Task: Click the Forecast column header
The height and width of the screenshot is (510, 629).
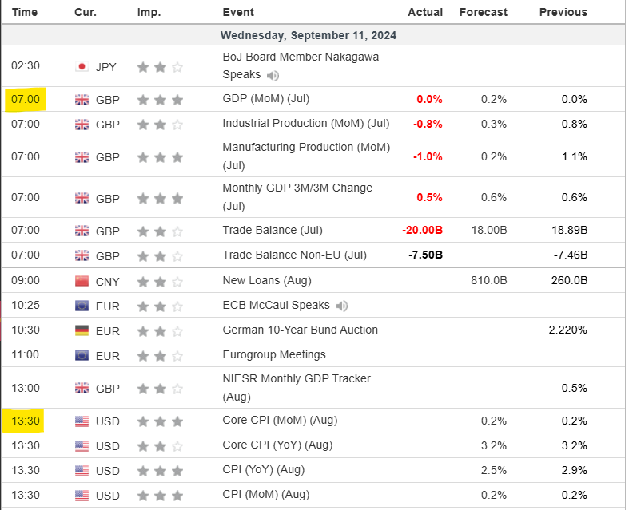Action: [483, 12]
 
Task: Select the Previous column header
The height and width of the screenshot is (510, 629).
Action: [563, 12]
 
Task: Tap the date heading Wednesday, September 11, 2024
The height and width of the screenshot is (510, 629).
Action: [309, 35]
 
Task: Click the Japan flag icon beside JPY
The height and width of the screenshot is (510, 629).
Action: [82, 67]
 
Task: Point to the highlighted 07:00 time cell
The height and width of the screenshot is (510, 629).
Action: [26, 99]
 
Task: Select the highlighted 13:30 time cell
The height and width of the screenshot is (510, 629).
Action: [26, 421]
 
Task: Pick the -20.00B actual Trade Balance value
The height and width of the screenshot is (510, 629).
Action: [423, 231]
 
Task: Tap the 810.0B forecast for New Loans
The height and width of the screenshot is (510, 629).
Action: [488, 281]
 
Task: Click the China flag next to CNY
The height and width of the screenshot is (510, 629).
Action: [82, 281]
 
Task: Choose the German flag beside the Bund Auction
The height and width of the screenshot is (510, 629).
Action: [82, 330]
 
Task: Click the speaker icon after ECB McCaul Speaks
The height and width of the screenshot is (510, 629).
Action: [342, 306]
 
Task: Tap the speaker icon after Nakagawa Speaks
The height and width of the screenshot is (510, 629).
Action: [273, 76]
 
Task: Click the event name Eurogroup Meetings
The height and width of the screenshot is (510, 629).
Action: [274, 354]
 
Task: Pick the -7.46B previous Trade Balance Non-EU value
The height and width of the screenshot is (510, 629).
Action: [567, 255]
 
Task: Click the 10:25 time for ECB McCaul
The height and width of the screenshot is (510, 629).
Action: [26, 306]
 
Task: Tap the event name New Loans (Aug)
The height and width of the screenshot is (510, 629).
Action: [267, 281]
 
